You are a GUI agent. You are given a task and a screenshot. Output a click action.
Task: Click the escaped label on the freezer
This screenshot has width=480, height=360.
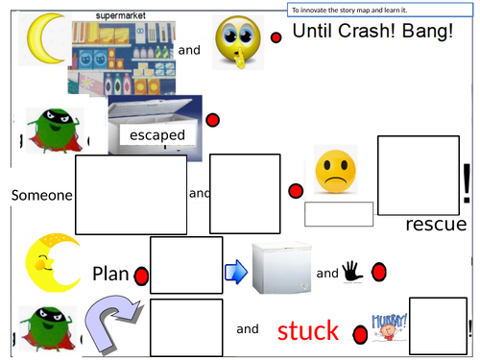pyautogui.click(x=158, y=136)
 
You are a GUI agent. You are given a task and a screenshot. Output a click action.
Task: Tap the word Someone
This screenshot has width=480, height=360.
pyautogui.click(x=41, y=195)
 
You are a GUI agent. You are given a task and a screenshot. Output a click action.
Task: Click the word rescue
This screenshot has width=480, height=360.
pyautogui.click(x=436, y=225)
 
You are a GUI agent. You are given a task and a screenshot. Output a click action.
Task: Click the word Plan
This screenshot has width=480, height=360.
pyautogui.click(x=110, y=274)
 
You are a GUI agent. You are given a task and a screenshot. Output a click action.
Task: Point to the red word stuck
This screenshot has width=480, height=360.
pyautogui.click(x=307, y=331)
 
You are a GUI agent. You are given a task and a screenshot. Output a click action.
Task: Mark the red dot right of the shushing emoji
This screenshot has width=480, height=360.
pyautogui.click(x=276, y=38)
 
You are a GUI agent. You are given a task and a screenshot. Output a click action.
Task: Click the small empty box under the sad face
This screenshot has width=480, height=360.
pyautogui.click(x=339, y=214)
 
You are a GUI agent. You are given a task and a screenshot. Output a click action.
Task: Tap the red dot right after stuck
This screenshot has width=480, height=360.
pyautogui.click(x=361, y=334)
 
